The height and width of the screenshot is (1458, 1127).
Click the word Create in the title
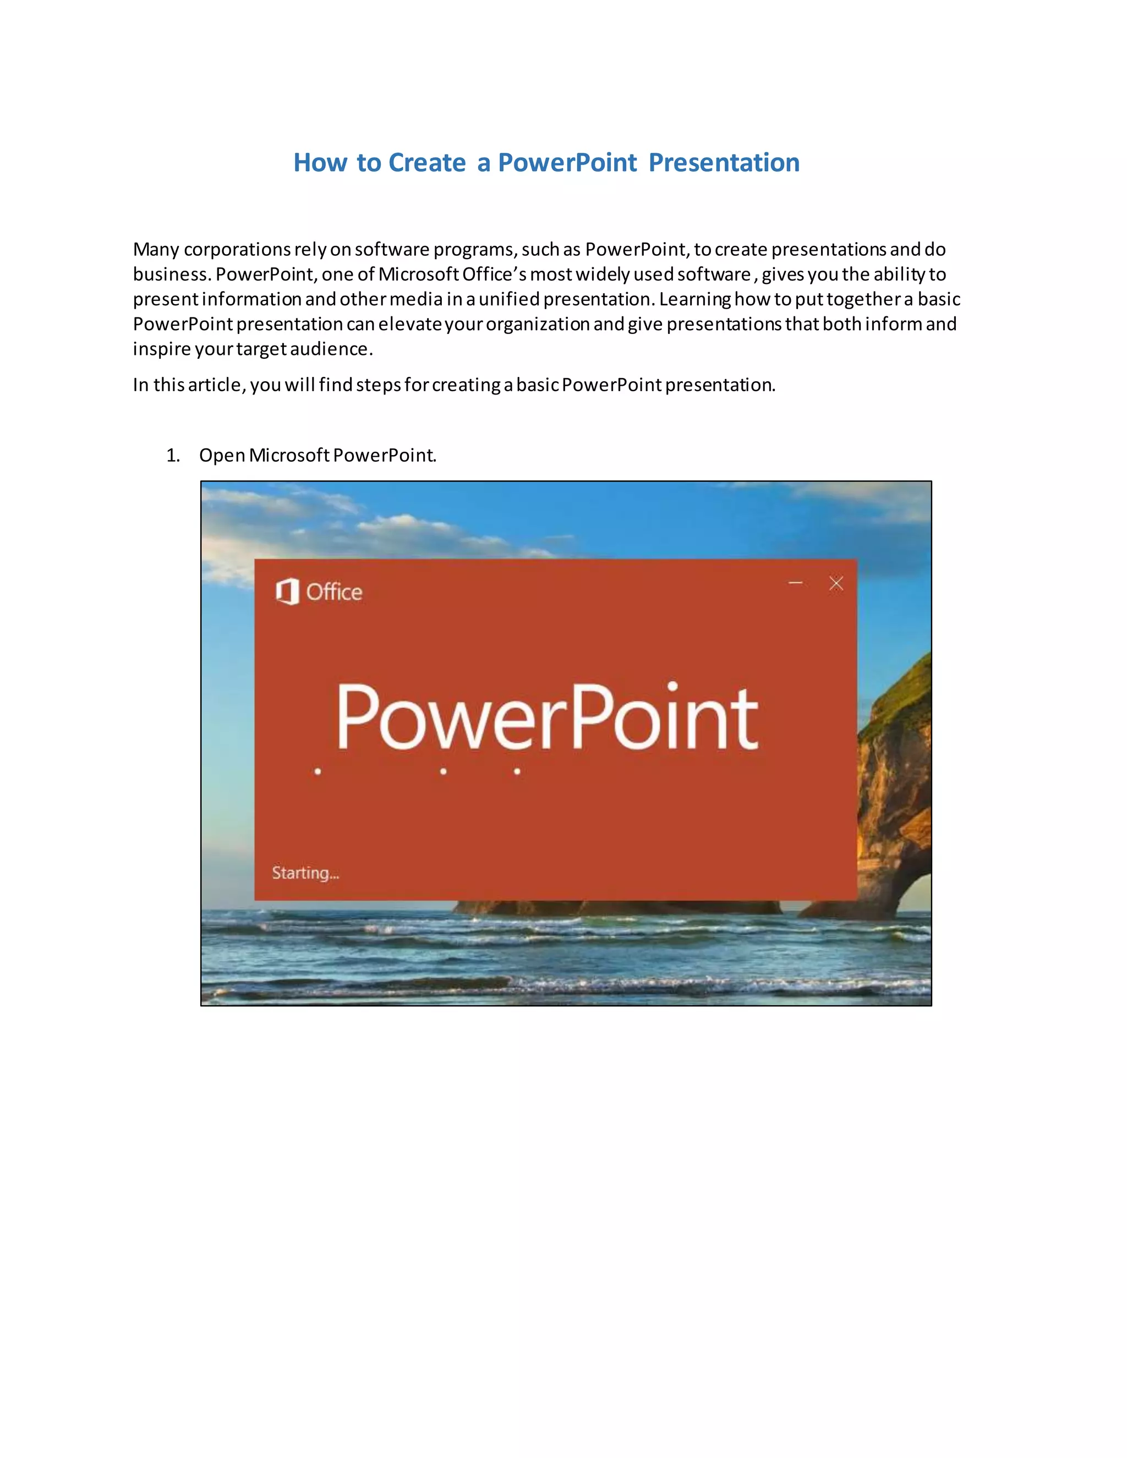426,163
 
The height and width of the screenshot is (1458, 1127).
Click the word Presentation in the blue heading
724,163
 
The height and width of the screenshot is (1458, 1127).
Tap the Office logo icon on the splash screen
287,591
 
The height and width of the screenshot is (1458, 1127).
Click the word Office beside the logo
334,592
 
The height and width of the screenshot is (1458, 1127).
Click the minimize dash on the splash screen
795,583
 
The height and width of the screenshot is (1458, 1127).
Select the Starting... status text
305,873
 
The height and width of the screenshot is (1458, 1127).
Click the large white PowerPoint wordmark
548,717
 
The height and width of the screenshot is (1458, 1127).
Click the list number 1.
172,456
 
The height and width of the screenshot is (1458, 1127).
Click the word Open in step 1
222,456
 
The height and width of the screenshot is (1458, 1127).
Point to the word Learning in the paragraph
694,299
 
